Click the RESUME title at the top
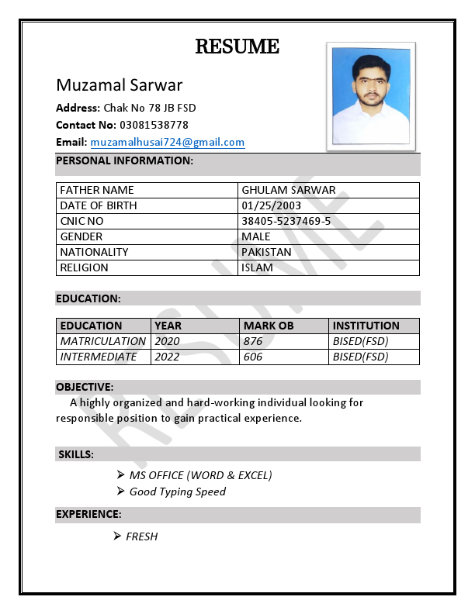(237, 47)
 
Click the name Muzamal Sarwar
(120, 85)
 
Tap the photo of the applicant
(370, 96)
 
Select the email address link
(168, 143)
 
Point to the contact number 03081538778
(153, 125)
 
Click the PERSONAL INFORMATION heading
(124, 160)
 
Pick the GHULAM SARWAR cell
(288, 190)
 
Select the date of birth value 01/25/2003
(271, 205)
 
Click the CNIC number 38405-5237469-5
(286, 221)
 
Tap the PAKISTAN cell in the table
(266, 252)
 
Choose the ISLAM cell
(257, 267)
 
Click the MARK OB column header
(268, 326)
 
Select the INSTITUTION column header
(366, 326)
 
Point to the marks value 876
(252, 341)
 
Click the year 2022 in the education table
(167, 357)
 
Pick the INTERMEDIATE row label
(99, 357)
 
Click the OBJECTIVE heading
(85, 387)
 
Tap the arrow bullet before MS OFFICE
(121, 474)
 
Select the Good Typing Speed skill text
(177, 492)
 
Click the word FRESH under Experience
(141, 536)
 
